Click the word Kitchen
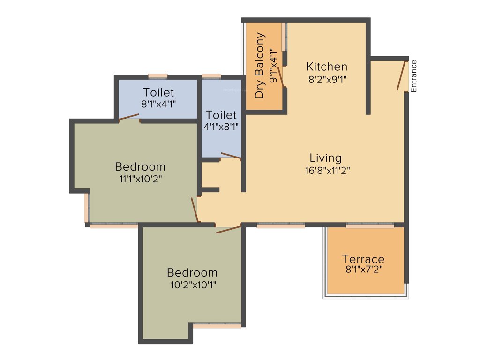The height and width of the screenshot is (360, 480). [x=327, y=67]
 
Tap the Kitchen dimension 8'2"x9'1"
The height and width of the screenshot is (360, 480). [x=327, y=79]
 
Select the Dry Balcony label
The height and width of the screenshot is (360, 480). [x=260, y=65]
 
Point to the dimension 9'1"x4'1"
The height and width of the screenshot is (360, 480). [x=274, y=66]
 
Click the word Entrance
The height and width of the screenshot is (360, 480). [x=413, y=76]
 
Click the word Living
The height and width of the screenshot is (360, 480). [x=326, y=158]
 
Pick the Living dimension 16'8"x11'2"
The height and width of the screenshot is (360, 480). [x=327, y=170]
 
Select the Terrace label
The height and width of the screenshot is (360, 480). [x=363, y=259]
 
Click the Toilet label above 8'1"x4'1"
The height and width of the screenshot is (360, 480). [x=158, y=92]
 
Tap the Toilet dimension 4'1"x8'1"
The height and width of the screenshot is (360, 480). [x=221, y=126]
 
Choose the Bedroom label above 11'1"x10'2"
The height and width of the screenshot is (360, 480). [x=140, y=166]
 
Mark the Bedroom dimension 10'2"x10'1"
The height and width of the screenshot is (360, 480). [x=192, y=284]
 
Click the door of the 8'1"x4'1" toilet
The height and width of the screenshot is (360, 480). [x=129, y=117]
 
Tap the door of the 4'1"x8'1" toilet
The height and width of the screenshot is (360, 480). [x=231, y=156]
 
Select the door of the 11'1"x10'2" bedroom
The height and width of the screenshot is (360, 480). [x=195, y=210]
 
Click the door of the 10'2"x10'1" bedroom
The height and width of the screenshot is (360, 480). [x=228, y=230]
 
